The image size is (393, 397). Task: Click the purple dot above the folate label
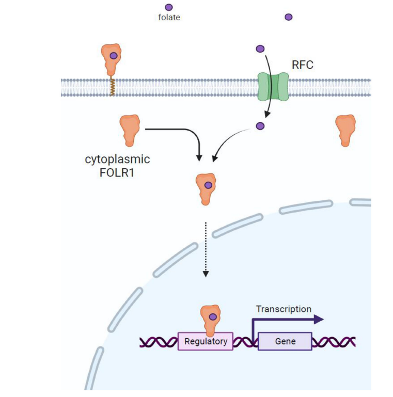pyautogui.click(x=169, y=7)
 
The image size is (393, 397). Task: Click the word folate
pyautogui.click(x=169, y=18)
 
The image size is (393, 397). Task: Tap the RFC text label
pyautogui.click(x=303, y=65)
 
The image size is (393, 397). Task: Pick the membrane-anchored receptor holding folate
pyautogui.click(x=112, y=58)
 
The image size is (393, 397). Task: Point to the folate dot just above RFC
pyautogui.click(x=260, y=49)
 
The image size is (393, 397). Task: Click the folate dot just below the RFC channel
pyautogui.click(x=260, y=126)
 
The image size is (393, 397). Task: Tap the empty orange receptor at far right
pyautogui.click(x=345, y=130)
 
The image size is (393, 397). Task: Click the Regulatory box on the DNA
pyautogui.click(x=206, y=341)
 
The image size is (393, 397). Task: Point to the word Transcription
pyautogui.click(x=284, y=309)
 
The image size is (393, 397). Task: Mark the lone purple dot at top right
pyautogui.click(x=289, y=17)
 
